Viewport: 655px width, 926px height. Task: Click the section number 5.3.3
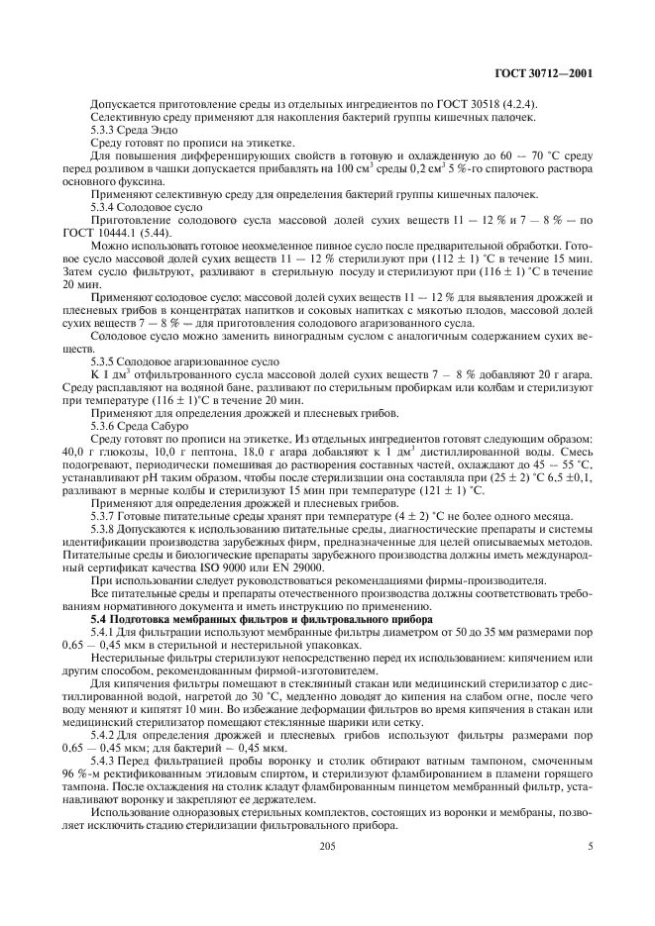pyautogui.click(x=104, y=131)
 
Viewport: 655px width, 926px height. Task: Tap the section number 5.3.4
pyautogui.click(x=104, y=207)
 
